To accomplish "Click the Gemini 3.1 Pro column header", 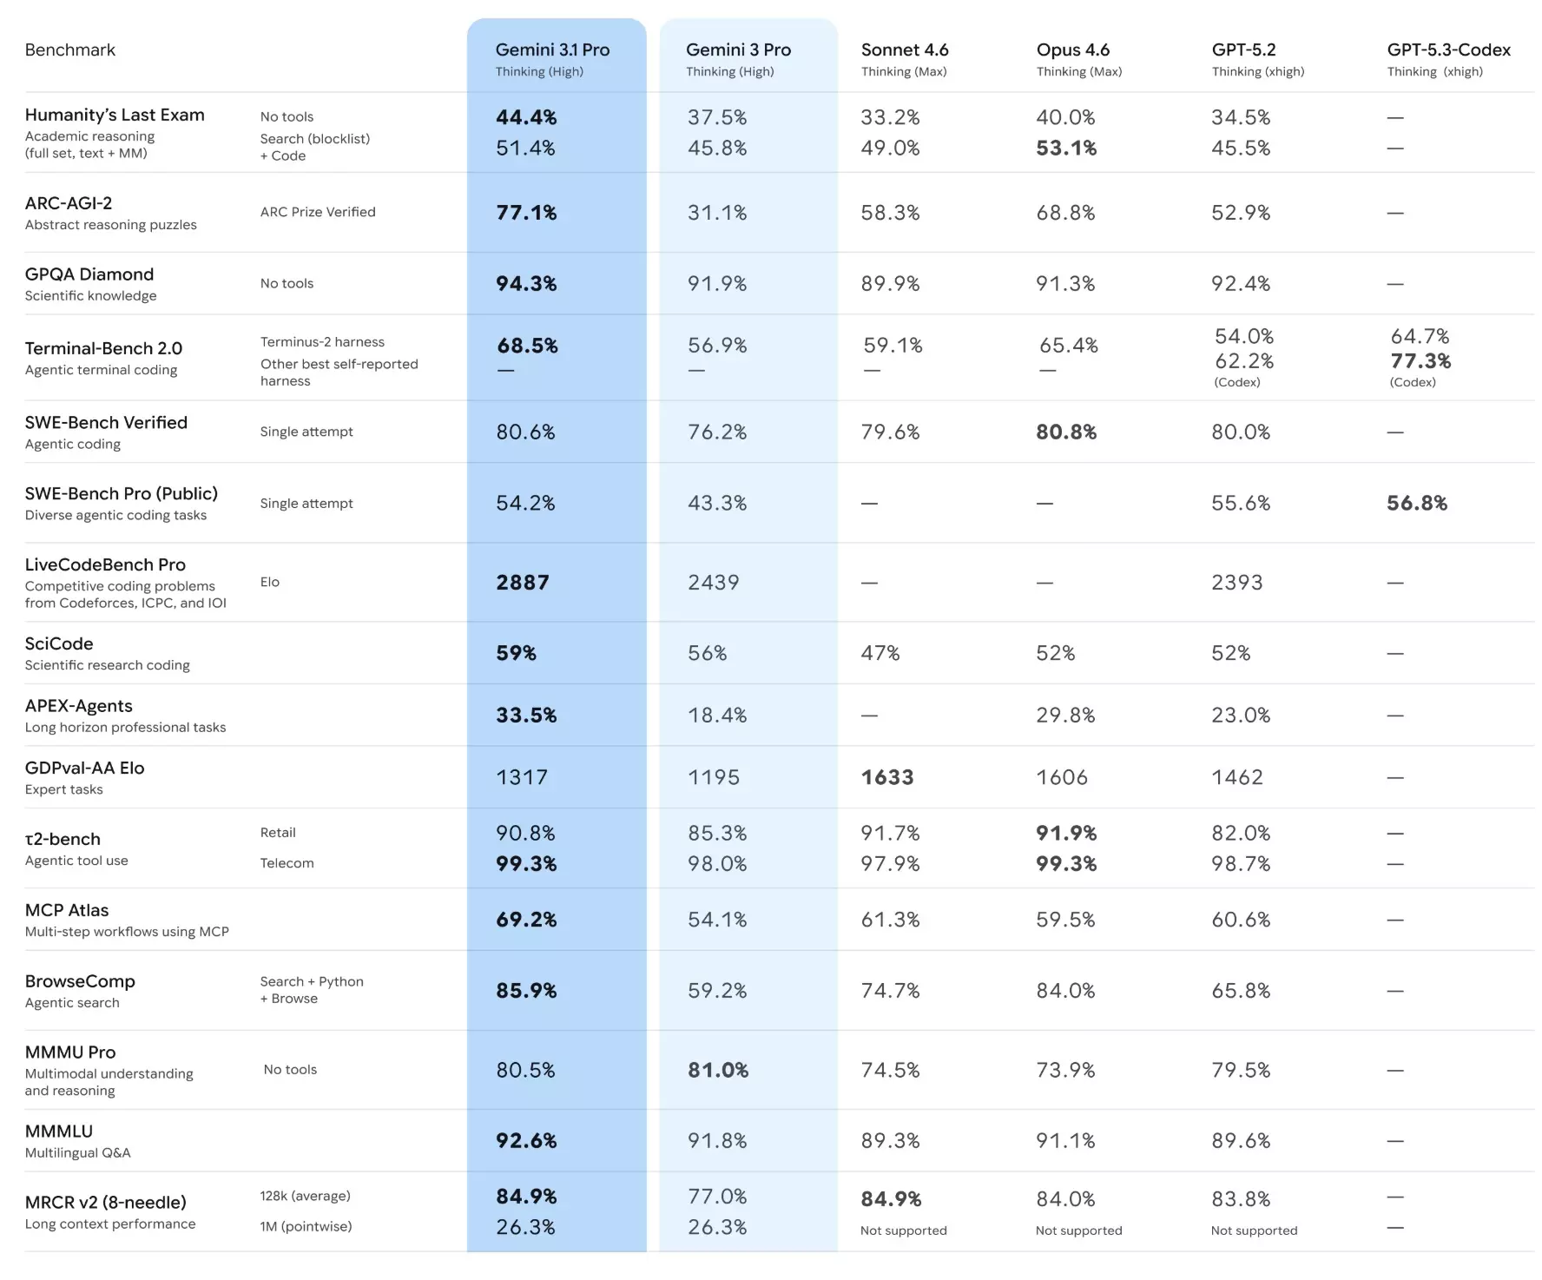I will coord(552,50).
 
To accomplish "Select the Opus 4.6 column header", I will coord(1072,50).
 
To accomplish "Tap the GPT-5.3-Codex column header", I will coord(1448,50).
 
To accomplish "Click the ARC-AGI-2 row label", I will coord(69,203).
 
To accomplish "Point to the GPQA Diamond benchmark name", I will coord(89,274).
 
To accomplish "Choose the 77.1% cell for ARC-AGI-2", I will coord(526,213).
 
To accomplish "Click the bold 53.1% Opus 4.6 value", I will coord(1066,148).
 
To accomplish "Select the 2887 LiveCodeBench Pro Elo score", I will coord(523,583).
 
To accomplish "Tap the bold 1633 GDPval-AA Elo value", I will coord(887,777).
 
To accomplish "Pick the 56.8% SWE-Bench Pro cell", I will coord(1417,503).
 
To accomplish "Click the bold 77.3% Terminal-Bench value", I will coord(1420,361).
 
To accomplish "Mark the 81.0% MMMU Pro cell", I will coord(718,1070).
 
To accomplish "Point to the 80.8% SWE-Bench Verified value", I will coord(1066,432).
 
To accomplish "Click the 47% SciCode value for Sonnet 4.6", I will coord(880,653).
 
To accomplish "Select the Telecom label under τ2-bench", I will coord(287,863).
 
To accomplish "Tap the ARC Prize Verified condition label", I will coord(318,212).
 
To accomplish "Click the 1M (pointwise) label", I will coord(306,1226).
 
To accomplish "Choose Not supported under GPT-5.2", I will coord(1254,1231).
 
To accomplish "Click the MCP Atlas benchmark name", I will coord(67,910).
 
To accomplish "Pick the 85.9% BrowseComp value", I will coord(526,991).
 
